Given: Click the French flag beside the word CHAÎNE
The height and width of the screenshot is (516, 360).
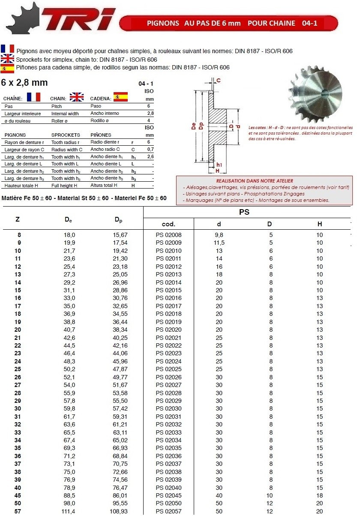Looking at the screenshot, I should pyautogui.click(x=33, y=97).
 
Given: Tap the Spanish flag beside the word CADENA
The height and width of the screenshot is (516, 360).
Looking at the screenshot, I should pyautogui.click(x=120, y=96).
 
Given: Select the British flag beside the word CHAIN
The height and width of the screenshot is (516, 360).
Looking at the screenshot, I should pyautogui.click(x=77, y=97).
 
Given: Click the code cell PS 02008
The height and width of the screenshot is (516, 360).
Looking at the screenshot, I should pyautogui.click(x=168, y=235).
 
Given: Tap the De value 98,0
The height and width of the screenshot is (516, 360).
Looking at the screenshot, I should pyautogui.click(x=69, y=504).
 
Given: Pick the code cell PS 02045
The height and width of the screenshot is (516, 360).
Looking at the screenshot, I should pyautogui.click(x=168, y=496).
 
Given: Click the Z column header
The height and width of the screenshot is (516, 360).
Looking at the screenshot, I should pyautogui.click(x=17, y=219).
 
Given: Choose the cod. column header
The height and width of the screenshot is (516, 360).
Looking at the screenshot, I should pyautogui.click(x=168, y=224).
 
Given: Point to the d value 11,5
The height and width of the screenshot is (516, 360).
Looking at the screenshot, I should pyautogui.click(x=219, y=243).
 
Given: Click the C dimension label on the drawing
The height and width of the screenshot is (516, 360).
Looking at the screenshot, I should pyautogui.click(x=219, y=80).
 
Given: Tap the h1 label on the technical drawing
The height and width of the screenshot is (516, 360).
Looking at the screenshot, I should pyautogui.click(x=219, y=165).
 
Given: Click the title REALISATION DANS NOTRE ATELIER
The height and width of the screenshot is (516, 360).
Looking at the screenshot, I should pyautogui.click(x=255, y=181).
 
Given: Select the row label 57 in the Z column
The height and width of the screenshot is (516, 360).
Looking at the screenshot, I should pyautogui.click(x=18, y=512).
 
